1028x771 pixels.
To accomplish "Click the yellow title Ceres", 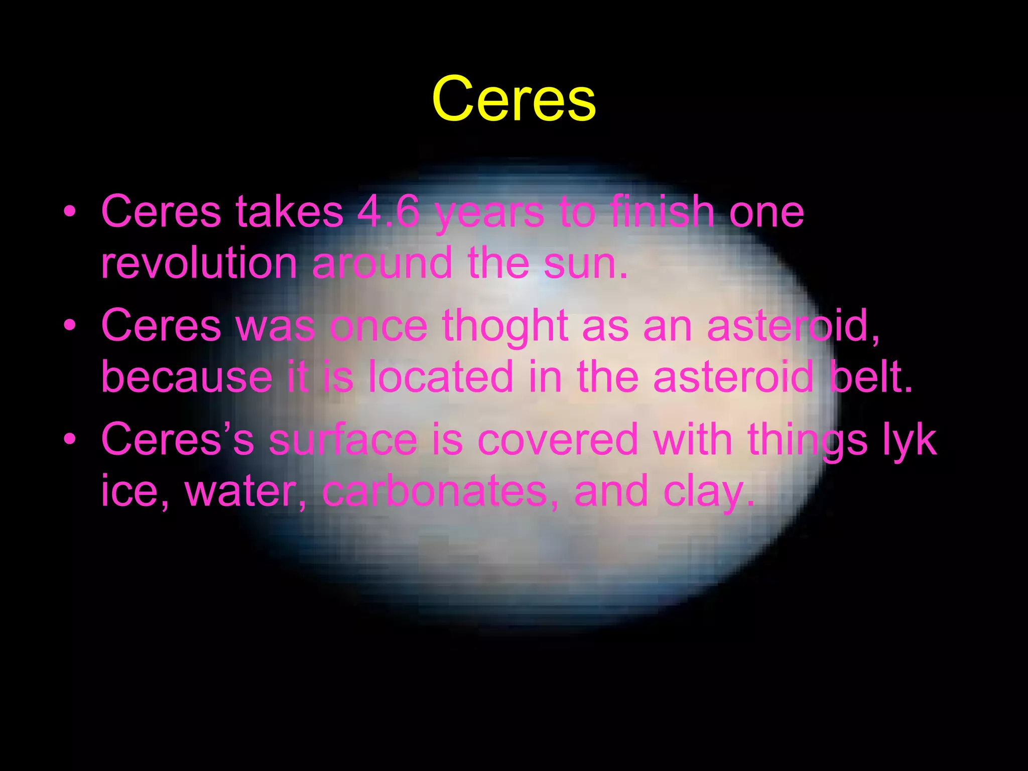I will tap(513, 99).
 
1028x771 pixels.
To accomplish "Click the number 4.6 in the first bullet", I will tap(388, 212).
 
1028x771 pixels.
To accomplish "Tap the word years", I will tap(489, 214).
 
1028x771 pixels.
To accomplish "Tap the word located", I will tap(441, 377).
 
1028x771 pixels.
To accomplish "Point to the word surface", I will tap(343, 440).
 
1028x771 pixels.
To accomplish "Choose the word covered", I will tap(558, 440).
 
